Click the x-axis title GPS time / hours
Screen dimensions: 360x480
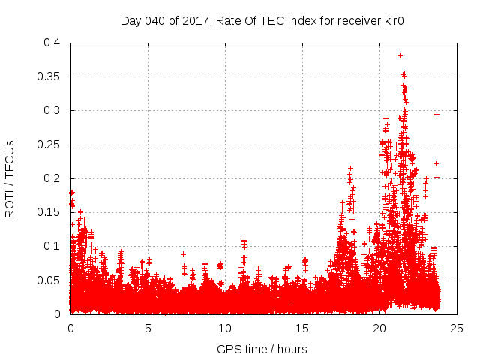pyautogui.click(x=262, y=349)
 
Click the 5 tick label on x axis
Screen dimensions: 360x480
pyautogui.click(x=148, y=328)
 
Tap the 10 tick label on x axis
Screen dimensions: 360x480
pyautogui.click(x=225, y=328)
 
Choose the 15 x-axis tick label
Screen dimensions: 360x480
pyautogui.click(x=302, y=328)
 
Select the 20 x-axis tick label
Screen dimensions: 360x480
pyautogui.click(x=379, y=328)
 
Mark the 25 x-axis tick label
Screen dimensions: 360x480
pyautogui.click(x=457, y=328)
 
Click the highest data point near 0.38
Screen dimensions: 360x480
pyautogui.click(x=400, y=55)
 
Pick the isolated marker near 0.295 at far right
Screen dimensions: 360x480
pyautogui.click(x=436, y=114)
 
